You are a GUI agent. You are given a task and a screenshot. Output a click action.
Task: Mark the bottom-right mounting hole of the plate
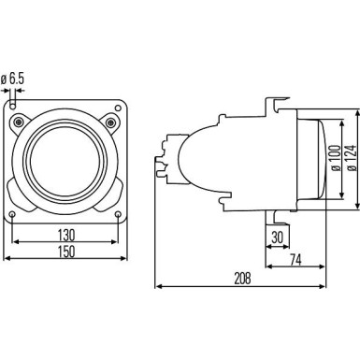coord(118,216)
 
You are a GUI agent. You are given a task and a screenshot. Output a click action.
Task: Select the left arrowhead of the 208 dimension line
coord(156,285)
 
